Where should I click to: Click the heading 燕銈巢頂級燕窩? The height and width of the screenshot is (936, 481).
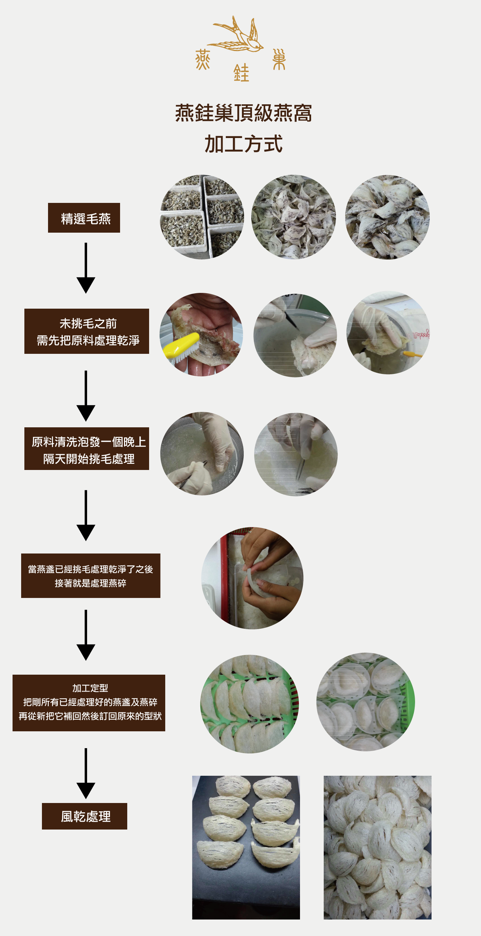pyautogui.click(x=243, y=113)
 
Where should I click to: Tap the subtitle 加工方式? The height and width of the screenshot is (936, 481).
pyautogui.click(x=243, y=143)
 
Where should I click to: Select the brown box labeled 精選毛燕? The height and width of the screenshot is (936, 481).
pyautogui.click(x=84, y=218)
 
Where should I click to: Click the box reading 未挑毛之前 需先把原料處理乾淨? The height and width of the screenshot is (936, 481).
pyautogui.click(x=86, y=331)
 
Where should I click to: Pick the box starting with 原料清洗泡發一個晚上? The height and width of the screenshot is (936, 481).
pyautogui.click(x=86, y=449)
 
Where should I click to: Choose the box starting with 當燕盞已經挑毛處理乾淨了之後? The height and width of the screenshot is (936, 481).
pyautogui.click(x=90, y=576)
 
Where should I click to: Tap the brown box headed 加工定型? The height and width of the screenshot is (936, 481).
pyautogui.click(x=89, y=703)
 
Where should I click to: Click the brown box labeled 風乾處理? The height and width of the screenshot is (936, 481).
pyautogui.click(x=84, y=816)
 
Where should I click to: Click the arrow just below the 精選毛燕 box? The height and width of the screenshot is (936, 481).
pyautogui.click(x=86, y=268)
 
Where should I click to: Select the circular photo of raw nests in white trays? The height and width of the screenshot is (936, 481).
pyautogui.click(x=202, y=217)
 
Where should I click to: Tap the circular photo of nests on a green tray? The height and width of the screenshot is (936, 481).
pyautogui.click(x=249, y=703)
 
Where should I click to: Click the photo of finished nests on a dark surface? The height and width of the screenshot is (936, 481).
pyautogui.click(x=246, y=847)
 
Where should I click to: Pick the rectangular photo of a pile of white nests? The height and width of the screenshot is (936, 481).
pyautogui.click(x=377, y=847)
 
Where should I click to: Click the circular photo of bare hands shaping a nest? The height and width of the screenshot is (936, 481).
pyautogui.click(x=252, y=578)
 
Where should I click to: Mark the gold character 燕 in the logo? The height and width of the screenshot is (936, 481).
pyautogui.click(x=203, y=60)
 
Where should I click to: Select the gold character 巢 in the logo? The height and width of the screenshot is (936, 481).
pyautogui.click(x=279, y=59)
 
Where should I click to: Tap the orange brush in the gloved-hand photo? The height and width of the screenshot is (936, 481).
pyautogui.click(x=412, y=353)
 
